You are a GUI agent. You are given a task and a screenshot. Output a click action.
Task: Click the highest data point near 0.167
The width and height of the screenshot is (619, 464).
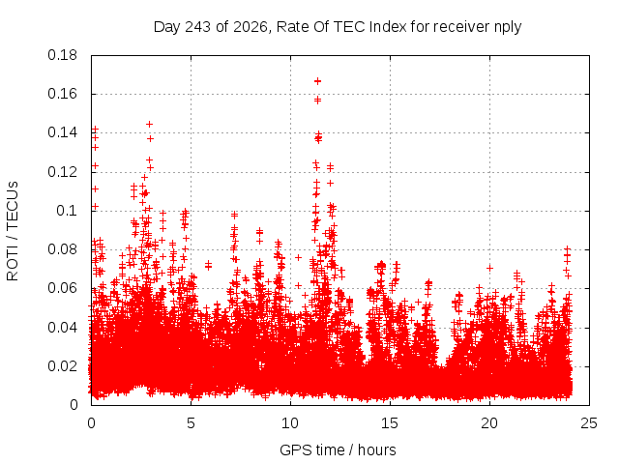317,81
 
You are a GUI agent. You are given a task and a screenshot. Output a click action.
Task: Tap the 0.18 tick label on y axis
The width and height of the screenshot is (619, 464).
62,55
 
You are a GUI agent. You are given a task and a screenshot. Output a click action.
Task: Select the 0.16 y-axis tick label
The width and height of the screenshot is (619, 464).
62,94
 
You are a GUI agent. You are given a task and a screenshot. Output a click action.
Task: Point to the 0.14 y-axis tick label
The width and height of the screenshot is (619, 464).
62,132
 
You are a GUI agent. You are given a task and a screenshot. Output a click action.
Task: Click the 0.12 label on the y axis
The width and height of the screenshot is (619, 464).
62,172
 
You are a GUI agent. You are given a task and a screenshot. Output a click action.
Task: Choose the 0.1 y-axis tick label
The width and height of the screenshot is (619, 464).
67,211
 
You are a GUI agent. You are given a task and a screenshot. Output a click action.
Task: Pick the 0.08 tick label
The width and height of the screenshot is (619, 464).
62,249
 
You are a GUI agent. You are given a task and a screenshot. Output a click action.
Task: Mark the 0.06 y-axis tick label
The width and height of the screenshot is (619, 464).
62,288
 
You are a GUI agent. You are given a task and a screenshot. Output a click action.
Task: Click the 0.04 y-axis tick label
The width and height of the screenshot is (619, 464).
62,328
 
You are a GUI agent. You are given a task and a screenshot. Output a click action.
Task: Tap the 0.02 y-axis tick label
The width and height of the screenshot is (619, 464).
62,366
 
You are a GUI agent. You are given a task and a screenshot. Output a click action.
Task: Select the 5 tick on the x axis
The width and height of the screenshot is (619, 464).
191,423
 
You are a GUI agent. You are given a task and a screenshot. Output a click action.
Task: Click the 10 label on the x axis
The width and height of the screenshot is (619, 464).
290,423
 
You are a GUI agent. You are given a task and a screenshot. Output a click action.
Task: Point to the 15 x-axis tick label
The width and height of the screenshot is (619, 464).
390,423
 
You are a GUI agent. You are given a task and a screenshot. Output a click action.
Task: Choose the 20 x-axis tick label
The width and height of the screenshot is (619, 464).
489,423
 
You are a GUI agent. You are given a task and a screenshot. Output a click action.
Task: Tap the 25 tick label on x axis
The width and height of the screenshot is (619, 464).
589,423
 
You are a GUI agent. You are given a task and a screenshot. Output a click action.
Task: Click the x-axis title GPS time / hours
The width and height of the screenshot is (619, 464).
338,450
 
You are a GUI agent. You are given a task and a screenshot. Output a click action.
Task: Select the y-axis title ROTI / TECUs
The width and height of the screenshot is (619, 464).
13,231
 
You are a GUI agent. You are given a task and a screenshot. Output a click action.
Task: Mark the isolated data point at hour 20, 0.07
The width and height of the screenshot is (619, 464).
489,269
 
